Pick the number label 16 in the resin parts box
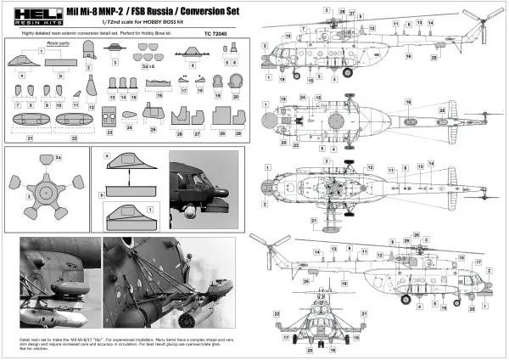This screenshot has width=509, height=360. coord(160,98)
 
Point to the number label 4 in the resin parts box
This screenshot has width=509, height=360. coord(193,65)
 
